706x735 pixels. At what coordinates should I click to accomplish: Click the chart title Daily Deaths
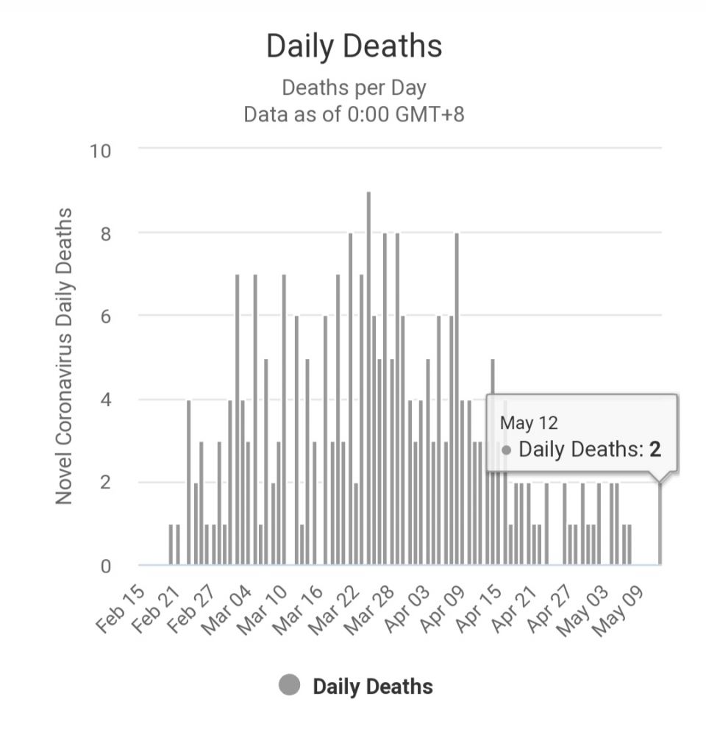pyautogui.click(x=354, y=46)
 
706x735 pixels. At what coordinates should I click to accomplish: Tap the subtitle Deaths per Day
pyautogui.click(x=354, y=88)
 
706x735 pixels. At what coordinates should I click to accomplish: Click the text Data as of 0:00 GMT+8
pyautogui.click(x=354, y=115)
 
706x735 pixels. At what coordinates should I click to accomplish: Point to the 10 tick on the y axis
pyautogui.click(x=100, y=151)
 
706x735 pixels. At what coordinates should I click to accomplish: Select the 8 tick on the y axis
pyautogui.click(x=105, y=233)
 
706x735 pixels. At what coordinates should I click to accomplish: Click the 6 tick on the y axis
pyautogui.click(x=105, y=316)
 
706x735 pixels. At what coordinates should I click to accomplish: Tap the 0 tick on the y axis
pyautogui.click(x=105, y=566)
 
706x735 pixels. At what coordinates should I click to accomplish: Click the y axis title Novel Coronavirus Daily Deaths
pyautogui.click(x=65, y=356)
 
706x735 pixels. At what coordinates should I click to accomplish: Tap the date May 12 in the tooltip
pyautogui.click(x=529, y=423)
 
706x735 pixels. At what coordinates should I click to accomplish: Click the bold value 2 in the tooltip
pyautogui.click(x=655, y=450)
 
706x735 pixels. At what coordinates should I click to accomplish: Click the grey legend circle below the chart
pyautogui.click(x=290, y=686)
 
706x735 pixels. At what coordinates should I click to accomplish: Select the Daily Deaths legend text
pyautogui.click(x=372, y=686)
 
